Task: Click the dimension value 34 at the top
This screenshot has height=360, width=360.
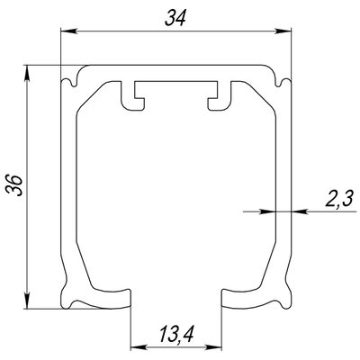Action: coord(175,18)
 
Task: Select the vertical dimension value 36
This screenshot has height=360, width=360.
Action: coord(14,185)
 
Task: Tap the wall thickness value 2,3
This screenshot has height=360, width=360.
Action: coord(338,199)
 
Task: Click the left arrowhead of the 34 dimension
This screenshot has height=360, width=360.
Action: coord(68,31)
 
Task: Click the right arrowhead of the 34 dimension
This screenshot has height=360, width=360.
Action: coord(283,31)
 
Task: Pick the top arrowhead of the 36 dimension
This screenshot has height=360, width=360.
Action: coord(27,73)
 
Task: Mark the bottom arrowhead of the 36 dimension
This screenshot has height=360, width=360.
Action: coord(27,300)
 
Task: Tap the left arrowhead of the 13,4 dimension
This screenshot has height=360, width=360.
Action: coord(139,348)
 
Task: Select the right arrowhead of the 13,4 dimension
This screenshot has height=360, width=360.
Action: coord(213,348)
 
